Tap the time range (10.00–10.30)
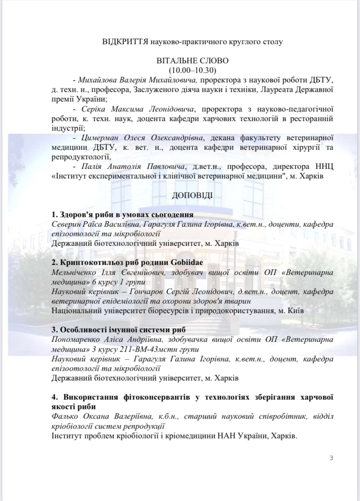pos(192,70)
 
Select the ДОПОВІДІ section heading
pos(192,194)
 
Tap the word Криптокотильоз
pos(86,263)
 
